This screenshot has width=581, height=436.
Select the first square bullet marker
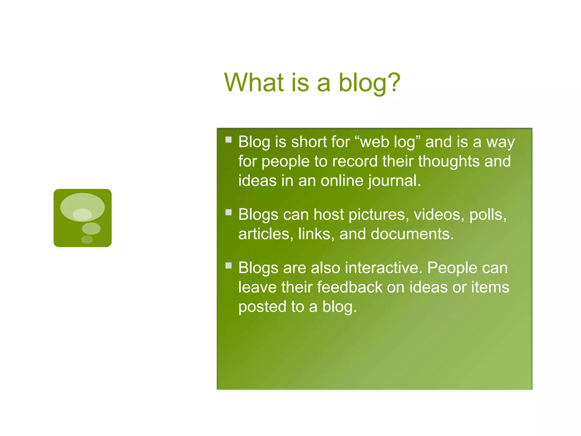228,139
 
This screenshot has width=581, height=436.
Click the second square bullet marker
228,212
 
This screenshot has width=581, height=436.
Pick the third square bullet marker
228,265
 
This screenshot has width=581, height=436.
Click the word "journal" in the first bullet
393,181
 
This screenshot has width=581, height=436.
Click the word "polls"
487,215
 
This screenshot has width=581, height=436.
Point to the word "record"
355,161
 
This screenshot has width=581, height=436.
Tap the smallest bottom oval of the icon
87,240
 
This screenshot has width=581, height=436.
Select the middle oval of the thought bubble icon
91,229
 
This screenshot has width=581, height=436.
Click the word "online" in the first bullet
342,181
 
